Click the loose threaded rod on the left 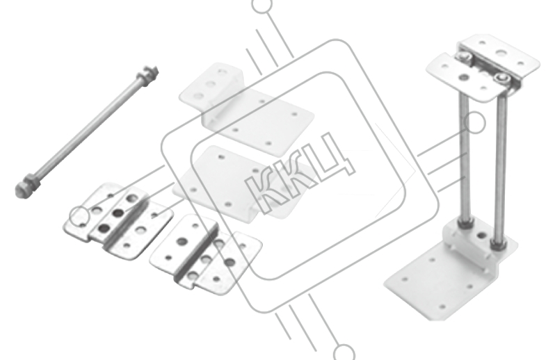(x=87, y=132)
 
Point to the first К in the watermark (x=264, y=193)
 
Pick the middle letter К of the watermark (x=295, y=176)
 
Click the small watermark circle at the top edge (x=262, y=4)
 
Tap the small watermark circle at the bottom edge (x=344, y=352)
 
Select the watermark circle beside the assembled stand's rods (x=474, y=123)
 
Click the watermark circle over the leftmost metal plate (x=79, y=216)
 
